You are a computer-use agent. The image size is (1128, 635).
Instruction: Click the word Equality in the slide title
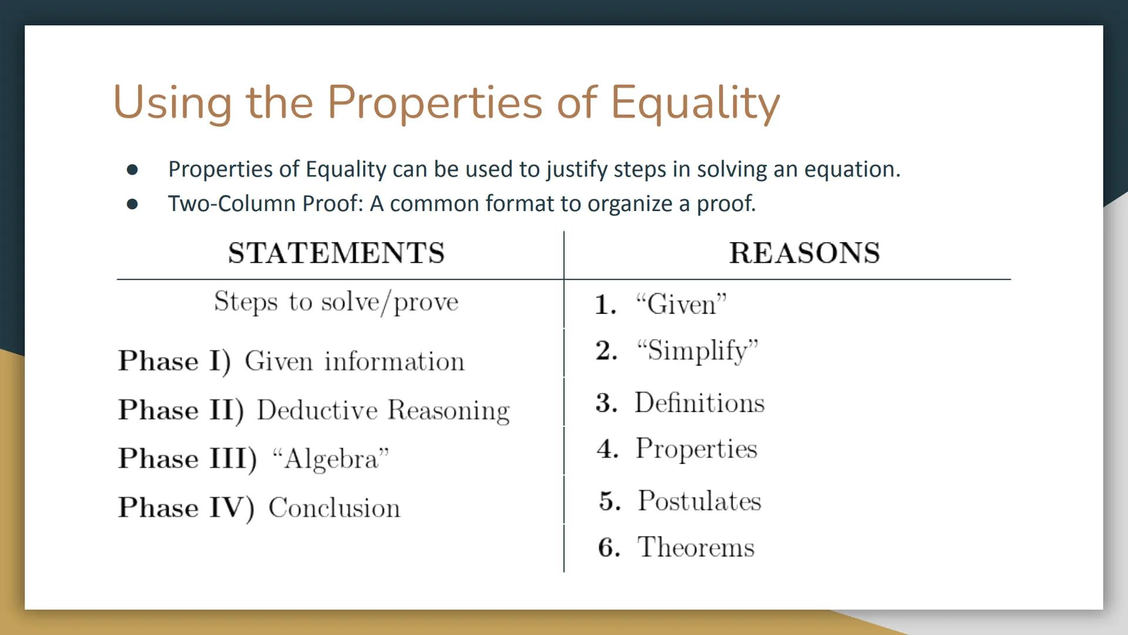point(695,102)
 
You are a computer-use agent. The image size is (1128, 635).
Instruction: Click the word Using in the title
point(172,102)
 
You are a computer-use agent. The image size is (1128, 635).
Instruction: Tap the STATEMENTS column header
point(336,253)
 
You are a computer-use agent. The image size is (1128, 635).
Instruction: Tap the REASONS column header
point(804,253)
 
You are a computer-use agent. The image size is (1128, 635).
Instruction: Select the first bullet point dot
point(132,170)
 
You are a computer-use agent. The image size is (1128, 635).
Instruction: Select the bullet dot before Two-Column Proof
point(132,204)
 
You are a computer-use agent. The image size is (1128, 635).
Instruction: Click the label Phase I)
point(174,360)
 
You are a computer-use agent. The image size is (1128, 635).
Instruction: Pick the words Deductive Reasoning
point(383,410)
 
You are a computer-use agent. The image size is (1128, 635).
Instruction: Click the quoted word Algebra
point(331,459)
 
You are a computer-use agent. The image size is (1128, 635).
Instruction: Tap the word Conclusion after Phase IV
point(334,508)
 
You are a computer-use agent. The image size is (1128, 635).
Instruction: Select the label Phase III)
point(187,459)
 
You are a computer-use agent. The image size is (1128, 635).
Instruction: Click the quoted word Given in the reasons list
point(681,305)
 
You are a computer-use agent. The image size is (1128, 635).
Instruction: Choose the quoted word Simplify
point(697,350)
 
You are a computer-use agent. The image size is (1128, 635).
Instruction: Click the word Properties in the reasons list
point(696,449)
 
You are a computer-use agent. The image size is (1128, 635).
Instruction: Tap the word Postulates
point(699,501)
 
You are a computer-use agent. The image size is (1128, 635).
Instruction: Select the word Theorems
point(696,547)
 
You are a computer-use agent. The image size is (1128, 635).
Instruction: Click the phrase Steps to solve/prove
point(336,302)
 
